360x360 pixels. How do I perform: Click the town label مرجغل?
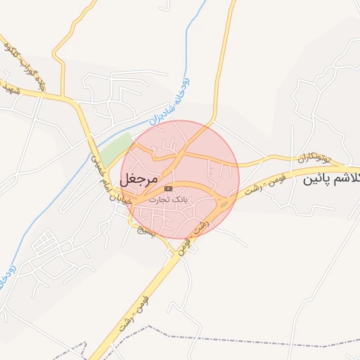point(143,178)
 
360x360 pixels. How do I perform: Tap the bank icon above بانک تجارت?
point(168,189)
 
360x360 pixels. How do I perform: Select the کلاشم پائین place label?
point(330,180)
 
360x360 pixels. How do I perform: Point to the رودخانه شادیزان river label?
point(169,102)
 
